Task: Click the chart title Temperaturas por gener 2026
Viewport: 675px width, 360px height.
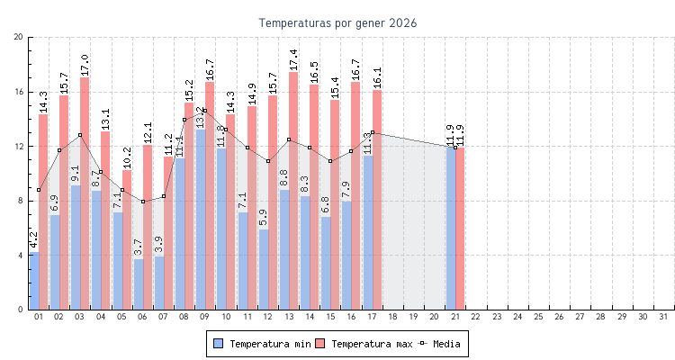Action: (337, 22)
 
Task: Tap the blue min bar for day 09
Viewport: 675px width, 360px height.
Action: (201, 220)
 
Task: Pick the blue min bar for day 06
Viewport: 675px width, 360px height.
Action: (138, 284)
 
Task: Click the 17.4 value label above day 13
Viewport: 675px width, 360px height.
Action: (293, 59)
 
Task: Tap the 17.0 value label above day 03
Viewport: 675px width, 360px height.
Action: (85, 65)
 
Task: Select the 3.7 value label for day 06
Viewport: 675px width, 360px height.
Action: (138, 247)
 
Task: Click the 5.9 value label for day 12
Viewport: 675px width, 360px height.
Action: (263, 218)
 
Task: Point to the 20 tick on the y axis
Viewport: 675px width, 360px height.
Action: (19, 37)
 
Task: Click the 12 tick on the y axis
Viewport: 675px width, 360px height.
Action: (19, 146)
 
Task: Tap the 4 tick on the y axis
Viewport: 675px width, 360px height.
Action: (21, 256)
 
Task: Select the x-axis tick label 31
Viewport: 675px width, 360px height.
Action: (663, 317)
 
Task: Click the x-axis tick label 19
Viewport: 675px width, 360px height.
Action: (413, 317)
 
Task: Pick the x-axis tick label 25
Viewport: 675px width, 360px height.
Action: (538, 317)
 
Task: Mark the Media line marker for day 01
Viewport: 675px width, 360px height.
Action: (38, 190)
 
